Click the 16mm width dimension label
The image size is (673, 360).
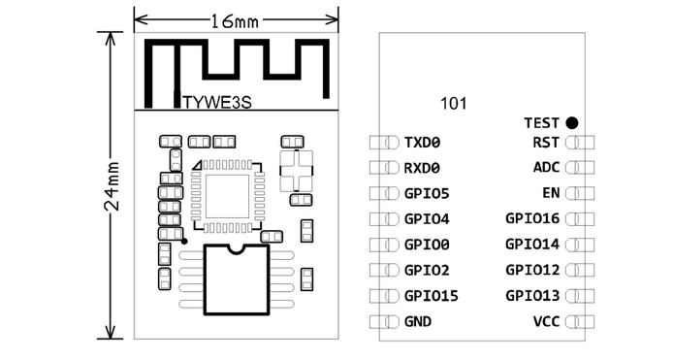pyautogui.click(x=235, y=20)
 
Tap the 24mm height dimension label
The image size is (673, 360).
pyautogui.click(x=112, y=185)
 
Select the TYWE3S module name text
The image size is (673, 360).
pyautogui.click(x=217, y=102)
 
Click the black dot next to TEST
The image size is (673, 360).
pyautogui.click(x=572, y=123)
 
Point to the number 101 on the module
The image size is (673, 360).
pyautogui.click(x=453, y=104)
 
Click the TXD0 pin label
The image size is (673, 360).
pyautogui.click(x=423, y=143)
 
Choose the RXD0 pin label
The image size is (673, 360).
pyautogui.click(x=423, y=168)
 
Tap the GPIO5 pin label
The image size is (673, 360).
pyautogui.click(x=427, y=194)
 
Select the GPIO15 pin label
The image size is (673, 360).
pyautogui.click(x=432, y=296)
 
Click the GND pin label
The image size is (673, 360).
pyautogui.click(x=418, y=322)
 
